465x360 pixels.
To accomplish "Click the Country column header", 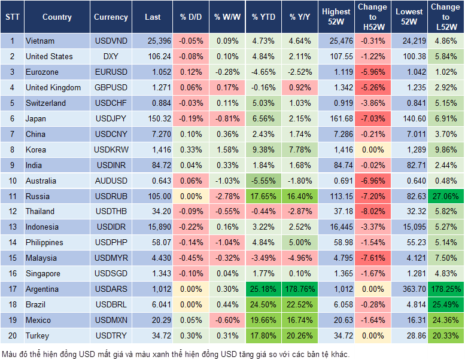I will pyautogui.click(x=57, y=17).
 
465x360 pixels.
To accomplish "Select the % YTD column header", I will pyautogui.click(x=263, y=17).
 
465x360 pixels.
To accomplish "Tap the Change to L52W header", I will pyautogui.click(x=446, y=17).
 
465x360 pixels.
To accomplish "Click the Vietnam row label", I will pyautogui.click(x=40, y=41).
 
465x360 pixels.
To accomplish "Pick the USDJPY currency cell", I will pyautogui.click(x=111, y=118).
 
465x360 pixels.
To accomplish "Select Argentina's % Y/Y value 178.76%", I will pyautogui.click(x=299, y=289).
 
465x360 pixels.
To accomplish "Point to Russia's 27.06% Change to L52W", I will pyautogui.click(x=446, y=196).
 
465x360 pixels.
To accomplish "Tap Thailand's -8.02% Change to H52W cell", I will pyautogui.click(x=372, y=211).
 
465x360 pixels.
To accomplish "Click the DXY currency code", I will pyautogui.click(x=111, y=56).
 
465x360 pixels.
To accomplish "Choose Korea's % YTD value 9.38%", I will pyautogui.click(x=263, y=150).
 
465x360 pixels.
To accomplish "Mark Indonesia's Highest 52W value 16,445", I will pyautogui.click(x=337, y=227).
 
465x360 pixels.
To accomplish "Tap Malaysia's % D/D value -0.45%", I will pyautogui.click(x=191, y=258).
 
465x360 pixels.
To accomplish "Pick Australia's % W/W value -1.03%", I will pyautogui.click(x=227, y=181).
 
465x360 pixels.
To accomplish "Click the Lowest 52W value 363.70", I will pyautogui.click(x=411, y=289).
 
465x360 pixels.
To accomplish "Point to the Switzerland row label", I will pyautogui.click(x=45, y=103).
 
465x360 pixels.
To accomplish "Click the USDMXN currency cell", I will pyautogui.click(x=111, y=320).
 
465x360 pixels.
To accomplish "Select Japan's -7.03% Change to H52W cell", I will pyautogui.click(x=372, y=118).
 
